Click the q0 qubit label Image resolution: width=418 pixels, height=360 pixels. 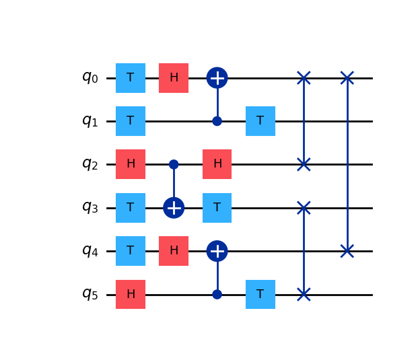[x=90, y=77]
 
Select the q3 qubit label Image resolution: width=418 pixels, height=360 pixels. [x=90, y=207]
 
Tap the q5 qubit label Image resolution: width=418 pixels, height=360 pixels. [x=90, y=294]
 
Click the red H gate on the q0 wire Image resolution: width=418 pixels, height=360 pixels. [x=174, y=78]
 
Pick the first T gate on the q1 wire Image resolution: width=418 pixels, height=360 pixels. [x=131, y=121]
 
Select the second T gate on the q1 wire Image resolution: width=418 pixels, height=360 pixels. [x=260, y=121]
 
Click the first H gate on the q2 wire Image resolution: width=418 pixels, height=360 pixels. [x=131, y=164]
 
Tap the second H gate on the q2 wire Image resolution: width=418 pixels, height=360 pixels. [x=217, y=164]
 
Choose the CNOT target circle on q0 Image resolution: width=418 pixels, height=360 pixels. [x=217, y=78]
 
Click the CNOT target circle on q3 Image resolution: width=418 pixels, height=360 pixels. [x=174, y=207]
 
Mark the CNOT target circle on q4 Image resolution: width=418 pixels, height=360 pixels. [x=217, y=251]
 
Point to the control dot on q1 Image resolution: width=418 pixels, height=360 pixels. [x=217, y=121]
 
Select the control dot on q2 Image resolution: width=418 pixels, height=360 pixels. [x=174, y=164]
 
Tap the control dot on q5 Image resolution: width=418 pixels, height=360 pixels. [x=217, y=294]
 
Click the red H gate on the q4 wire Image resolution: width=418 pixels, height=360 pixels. [x=174, y=251]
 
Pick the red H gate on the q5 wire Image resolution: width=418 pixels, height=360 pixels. [x=131, y=294]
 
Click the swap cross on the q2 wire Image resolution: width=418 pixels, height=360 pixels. [x=304, y=164]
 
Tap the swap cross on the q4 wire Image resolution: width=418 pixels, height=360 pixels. [x=347, y=251]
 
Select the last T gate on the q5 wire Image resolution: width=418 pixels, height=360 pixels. [x=260, y=294]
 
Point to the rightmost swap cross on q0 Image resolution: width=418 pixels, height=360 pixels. [x=347, y=78]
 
